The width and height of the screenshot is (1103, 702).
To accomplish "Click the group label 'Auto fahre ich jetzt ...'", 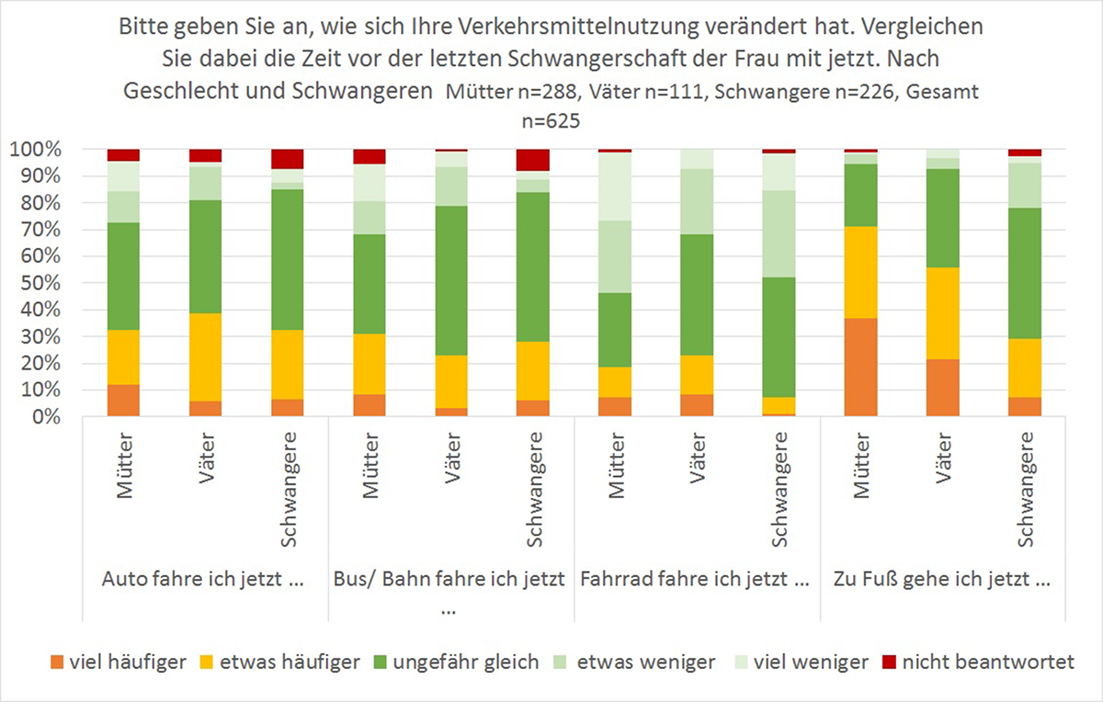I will (205, 580).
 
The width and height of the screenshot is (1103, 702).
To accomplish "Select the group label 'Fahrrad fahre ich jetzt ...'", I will (696, 580).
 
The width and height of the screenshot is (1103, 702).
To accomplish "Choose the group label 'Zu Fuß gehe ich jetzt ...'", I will (942, 580).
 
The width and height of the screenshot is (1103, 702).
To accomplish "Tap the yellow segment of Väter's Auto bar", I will (205, 357).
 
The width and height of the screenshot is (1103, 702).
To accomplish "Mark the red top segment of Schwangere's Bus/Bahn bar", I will (534, 160).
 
